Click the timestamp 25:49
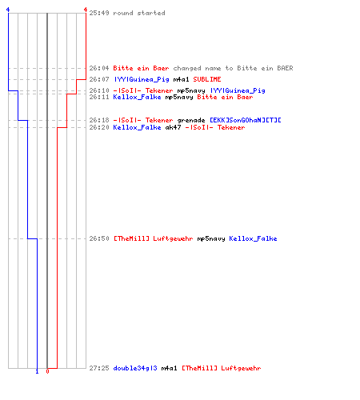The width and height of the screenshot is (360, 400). coord(99,13)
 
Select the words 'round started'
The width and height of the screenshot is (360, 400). coord(139,13)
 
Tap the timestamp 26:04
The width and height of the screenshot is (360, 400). coord(99,68)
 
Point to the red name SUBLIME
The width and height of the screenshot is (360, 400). coord(207,79)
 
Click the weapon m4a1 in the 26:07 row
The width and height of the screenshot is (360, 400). coord(181,79)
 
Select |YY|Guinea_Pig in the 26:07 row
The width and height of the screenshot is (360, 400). coord(142,79)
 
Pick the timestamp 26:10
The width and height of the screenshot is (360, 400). coord(99,90)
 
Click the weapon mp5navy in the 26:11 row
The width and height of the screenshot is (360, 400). coord(179,97)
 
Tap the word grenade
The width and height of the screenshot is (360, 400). coord(191,120)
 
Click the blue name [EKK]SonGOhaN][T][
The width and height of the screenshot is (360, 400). coord(245,120)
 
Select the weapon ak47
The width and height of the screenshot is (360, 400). coord(173,127)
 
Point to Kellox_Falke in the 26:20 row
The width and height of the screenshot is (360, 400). coord(137,127)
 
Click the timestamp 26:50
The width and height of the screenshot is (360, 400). coord(99,238)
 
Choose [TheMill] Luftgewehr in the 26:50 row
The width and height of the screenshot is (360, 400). coord(154,238)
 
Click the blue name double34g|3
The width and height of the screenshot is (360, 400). coord(135,368)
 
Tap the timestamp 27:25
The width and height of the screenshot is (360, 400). coord(99,368)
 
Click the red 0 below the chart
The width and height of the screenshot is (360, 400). coord(47,371)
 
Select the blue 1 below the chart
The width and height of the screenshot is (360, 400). coord(37,371)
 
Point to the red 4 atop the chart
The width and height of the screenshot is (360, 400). coord(86,10)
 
